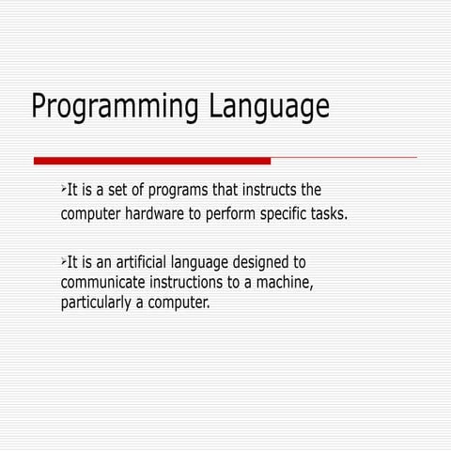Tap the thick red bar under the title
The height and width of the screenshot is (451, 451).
[151, 160]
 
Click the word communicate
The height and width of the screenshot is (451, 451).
[104, 282]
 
